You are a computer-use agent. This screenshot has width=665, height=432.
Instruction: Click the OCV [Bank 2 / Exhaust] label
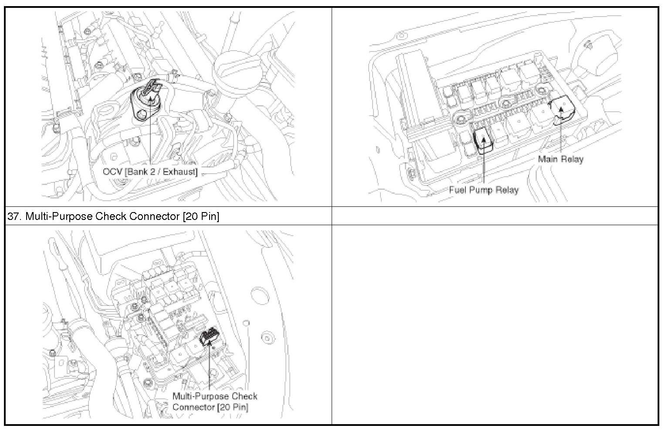150,172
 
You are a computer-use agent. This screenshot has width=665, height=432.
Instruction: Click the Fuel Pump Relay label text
484,190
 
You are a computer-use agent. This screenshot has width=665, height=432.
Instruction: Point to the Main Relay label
560,159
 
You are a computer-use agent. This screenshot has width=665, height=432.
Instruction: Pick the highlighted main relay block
562,109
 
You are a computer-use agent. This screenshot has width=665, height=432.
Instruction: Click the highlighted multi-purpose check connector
210,337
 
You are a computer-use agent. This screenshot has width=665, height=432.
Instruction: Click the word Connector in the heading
154,216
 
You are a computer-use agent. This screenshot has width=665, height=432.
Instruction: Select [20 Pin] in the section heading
201,216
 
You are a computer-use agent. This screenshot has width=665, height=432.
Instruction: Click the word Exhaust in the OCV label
180,172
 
